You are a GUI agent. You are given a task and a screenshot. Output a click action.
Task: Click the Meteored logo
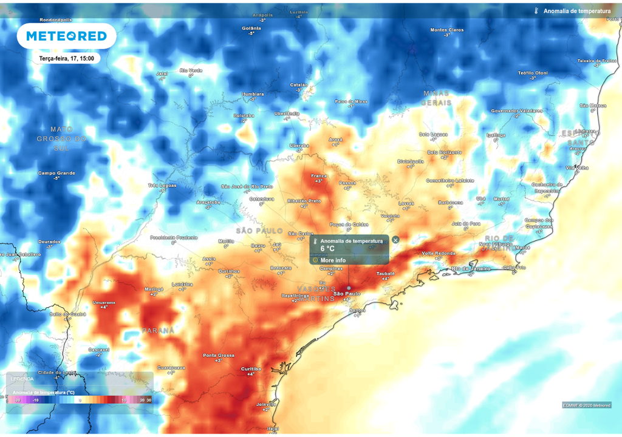click(66, 36)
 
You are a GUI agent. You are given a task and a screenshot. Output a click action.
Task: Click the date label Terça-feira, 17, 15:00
click(66, 58)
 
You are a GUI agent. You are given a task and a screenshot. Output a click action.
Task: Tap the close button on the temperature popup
click(395, 240)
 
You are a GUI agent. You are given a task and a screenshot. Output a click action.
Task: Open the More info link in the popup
click(333, 260)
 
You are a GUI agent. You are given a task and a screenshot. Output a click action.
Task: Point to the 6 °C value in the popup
click(327, 249)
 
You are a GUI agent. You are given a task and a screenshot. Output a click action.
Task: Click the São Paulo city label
click(347, 293)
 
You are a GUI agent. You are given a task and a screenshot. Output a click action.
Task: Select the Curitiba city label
click(251, 368)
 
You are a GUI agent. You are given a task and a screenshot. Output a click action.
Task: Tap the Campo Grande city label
click(56, 173)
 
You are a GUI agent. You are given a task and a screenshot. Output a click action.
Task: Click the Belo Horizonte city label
click(445, 152)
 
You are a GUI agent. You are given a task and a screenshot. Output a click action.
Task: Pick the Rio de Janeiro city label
click(471, 268)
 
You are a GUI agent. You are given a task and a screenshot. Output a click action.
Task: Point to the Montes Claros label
click(447, 30)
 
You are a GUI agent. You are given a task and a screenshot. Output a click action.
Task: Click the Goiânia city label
click(251, 28)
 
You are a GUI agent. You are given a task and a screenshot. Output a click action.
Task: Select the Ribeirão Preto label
click(304, 200)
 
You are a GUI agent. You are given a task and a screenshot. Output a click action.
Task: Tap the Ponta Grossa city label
click(218, 355)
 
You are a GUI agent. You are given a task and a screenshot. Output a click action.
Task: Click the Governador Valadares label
click(516, 111)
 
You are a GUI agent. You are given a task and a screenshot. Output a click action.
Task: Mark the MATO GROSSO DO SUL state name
click(61, 138)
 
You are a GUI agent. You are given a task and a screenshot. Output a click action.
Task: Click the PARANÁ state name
click(159, 331)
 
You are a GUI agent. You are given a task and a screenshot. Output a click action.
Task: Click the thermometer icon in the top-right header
click(536, 11)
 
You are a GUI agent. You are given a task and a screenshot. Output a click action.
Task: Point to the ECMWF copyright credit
click(587, 405)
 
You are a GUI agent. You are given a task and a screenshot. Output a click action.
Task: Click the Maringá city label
click(154, 289)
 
